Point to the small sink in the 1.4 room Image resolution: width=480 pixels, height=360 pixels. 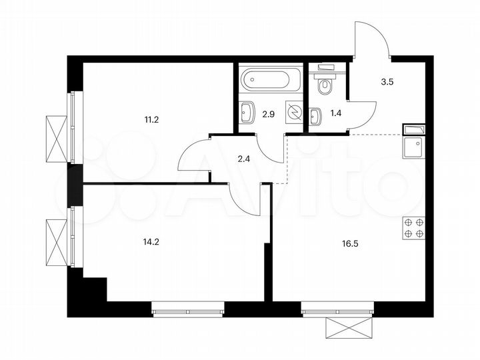point(315,115)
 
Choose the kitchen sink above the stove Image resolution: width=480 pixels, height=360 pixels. point(414,145)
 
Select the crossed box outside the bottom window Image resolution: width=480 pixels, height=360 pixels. point(346,330)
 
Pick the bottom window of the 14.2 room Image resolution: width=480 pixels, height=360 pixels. point(189,309)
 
